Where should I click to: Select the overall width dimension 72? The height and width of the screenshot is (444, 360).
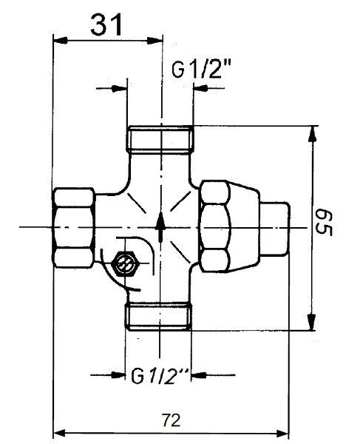pyautogui.click(x=170, y=420)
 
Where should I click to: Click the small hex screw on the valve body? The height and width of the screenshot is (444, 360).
pyautogui.click(x=125, y=263)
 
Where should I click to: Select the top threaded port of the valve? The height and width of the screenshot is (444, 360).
pyautogui.click(x=160, y=139)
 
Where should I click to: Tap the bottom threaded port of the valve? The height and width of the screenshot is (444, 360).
pyautogui.click(x=160, y=316)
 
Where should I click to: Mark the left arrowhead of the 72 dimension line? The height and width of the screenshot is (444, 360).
pyautogui.click(x=59, y=433)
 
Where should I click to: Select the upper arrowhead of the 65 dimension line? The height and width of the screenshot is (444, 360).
pyautogui.click(x=313, y=133)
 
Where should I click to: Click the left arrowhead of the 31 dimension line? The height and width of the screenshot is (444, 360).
pyautogui.click(x=59, y=40)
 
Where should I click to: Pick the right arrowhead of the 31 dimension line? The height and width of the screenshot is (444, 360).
pyautogui.click(x=156, y=40)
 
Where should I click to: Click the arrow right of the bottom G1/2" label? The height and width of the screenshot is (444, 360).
pyautogui.click(x=197, y=375)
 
